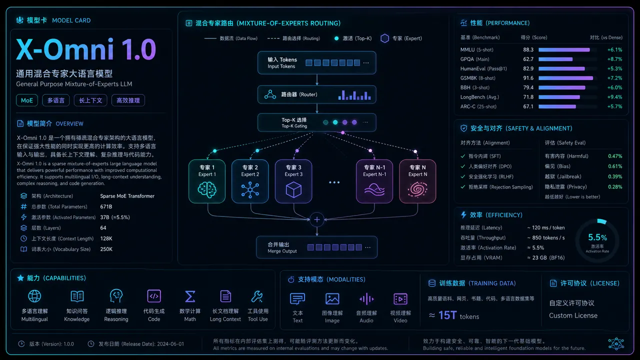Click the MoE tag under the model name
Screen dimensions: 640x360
[27, 100]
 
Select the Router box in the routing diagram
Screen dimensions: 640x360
[316, 94]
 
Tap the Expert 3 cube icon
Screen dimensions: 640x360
[293, 189]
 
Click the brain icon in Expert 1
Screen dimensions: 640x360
[207, 189]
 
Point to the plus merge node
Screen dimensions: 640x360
[317, 219]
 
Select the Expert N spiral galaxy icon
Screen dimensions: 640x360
[417, 189]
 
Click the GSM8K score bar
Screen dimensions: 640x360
[565, 78]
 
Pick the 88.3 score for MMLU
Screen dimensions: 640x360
[528, 49]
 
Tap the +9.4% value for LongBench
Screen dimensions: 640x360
[614, 97]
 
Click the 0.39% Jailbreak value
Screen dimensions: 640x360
[615, 176]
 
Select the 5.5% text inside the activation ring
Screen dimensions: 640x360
[597, 237]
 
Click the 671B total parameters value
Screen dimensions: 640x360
[106, 206]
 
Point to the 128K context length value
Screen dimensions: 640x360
[106, 238]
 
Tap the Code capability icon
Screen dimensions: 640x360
[154, 296]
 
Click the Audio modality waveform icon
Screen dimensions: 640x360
[366, 299]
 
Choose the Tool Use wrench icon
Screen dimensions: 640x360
[257, 296]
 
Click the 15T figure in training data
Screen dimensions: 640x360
[447, 315]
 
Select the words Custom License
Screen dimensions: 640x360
[573, 315]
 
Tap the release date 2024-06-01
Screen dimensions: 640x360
[170, 343]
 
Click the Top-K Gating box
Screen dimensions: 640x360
[316, 122]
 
